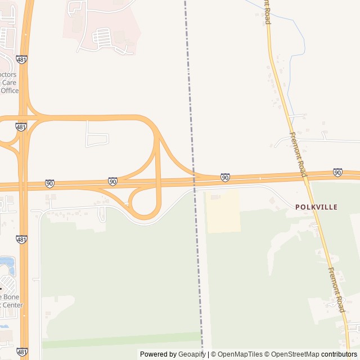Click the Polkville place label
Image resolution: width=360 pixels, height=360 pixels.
316,207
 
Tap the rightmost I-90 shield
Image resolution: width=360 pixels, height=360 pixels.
337,172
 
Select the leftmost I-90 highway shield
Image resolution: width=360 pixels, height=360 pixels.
49,183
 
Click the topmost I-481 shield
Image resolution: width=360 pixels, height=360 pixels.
22,59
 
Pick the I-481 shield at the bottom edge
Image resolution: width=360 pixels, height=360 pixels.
22,352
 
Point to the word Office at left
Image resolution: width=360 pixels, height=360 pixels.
10,91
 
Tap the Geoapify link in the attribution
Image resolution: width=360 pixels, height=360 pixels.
192,354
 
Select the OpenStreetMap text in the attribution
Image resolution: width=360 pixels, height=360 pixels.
292,354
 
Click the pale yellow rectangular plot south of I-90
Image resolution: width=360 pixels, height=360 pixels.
223,211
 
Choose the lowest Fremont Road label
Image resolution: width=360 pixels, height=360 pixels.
336,290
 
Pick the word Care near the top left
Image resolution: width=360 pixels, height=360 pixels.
10,82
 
